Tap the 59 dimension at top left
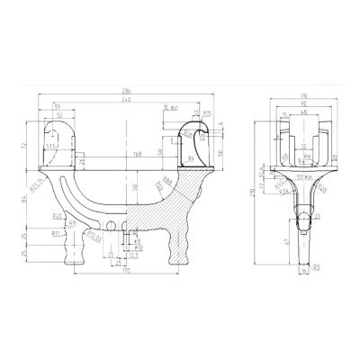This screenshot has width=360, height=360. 58,109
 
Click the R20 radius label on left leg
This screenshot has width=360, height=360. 56,216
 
